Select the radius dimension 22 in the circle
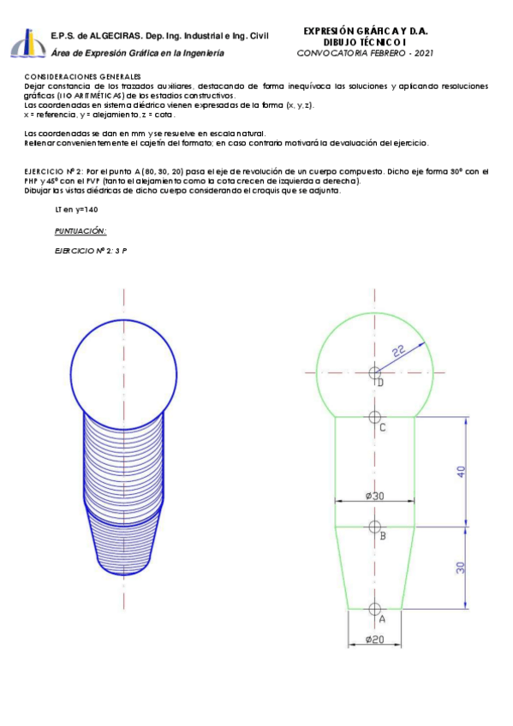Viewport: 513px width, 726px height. (x=399, y=351)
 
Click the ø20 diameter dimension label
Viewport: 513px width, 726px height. (x=374, y=640)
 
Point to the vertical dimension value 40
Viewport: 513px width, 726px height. (x=462, y=472)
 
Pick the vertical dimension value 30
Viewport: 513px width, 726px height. (x=462, y=568)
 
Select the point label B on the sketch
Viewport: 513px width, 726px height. (x=382, y=536)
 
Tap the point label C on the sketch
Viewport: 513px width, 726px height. (x=382, y=427)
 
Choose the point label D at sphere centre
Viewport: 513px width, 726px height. (x=380, y=383)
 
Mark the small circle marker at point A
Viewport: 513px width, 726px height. (x=374, y=608)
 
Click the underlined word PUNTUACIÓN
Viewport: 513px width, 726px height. (x=80, y=231)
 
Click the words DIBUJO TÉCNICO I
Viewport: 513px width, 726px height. (x=366, y=42)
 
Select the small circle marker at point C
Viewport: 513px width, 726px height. (x=374, y=417)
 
